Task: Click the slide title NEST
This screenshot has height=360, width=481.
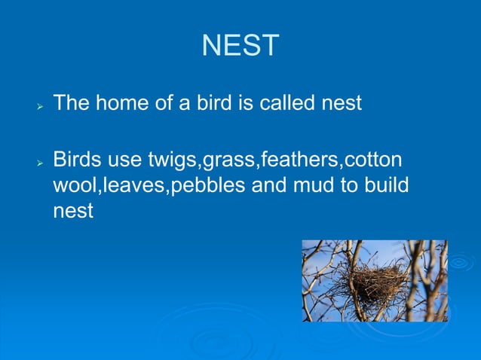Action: click(x=240, y=46)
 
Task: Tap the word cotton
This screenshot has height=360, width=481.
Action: click(x=375, y=160)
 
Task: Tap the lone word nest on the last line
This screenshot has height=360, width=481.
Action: click(x=72, y=212)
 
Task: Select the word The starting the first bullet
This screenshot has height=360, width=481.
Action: click(x=72, y=102)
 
